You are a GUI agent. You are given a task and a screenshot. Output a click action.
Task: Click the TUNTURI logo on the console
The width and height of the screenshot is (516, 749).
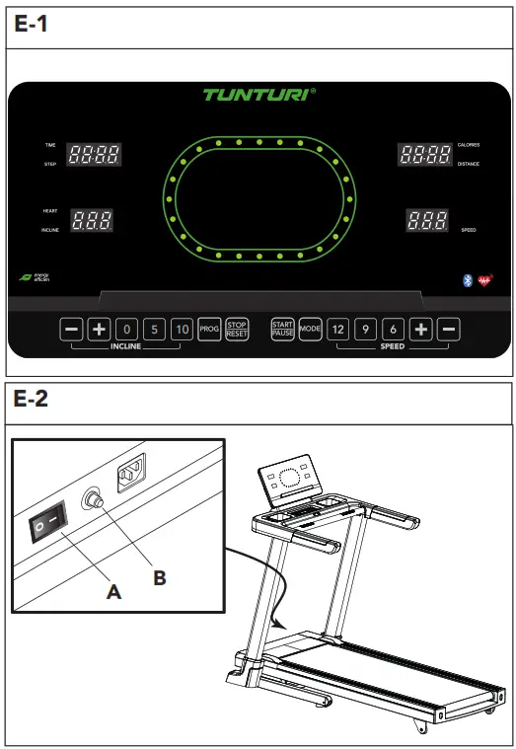[258, 95]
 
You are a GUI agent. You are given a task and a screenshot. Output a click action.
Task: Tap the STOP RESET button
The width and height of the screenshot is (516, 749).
[237, 330]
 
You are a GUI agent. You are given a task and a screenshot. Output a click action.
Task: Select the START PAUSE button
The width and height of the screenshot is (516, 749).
[283, 330]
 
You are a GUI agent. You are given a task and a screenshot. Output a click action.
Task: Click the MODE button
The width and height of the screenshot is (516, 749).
[311, 330]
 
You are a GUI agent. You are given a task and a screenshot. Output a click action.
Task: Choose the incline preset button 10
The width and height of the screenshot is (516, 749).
[182, 330]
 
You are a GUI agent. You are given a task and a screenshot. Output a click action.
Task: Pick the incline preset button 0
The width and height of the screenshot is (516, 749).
[126, 330]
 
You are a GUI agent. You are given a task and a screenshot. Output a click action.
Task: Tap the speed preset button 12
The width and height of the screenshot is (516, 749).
[338, 330]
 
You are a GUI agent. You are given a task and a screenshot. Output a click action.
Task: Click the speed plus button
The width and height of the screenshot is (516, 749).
[421, 330]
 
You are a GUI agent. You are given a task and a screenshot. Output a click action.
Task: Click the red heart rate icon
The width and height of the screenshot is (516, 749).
[484, 279]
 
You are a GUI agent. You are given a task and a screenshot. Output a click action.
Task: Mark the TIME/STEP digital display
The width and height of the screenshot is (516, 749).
[94, 154]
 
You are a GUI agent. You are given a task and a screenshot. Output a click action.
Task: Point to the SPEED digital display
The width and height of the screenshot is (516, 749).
[426, 221]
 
